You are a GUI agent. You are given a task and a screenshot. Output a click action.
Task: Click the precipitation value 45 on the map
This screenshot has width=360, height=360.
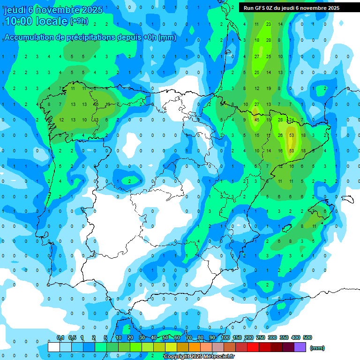[x=256, y=120]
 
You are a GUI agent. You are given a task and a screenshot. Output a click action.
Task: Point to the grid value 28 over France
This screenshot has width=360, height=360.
[x=269, y=40]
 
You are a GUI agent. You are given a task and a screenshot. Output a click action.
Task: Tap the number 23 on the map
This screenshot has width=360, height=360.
[x=269, y=24]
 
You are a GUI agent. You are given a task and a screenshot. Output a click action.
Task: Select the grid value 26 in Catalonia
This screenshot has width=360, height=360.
[x=280, y=135]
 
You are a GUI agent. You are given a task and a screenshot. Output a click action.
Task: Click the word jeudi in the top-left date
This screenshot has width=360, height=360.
[x=15, y=10]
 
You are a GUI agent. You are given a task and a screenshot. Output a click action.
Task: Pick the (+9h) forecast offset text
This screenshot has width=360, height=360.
[x=79, y=21]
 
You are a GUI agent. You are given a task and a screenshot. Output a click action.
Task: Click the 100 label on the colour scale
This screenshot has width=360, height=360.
[x=225, y=338]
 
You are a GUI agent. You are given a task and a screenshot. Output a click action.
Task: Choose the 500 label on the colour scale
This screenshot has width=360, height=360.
[x=307, y=338]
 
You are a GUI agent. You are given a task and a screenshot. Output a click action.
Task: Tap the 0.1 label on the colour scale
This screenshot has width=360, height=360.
[x=60, y=338]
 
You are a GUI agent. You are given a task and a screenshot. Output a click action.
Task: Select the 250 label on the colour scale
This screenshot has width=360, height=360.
[x=261, y=338]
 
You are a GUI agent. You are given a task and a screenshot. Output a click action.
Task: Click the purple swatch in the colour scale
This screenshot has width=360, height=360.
[x=300, y=347]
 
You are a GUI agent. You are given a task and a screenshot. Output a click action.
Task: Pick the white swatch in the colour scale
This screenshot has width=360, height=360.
[x=53, y=347]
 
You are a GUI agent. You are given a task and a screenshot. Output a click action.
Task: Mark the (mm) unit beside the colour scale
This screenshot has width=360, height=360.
[x=317, y=348]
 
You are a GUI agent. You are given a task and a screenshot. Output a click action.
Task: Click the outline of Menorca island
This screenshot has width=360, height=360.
[x=347, y=199]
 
